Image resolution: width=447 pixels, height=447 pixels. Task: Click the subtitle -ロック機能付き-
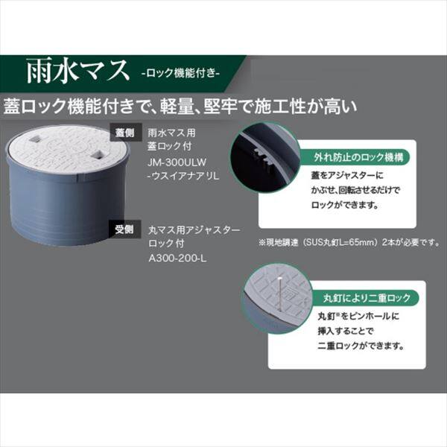click(178, 74)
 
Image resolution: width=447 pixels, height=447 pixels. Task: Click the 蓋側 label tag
click(124, 132)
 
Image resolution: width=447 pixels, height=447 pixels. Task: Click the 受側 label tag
click(124, 229)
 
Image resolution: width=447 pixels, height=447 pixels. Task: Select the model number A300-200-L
click(177, 257)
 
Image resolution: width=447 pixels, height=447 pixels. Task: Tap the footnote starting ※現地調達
click(349, 242)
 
